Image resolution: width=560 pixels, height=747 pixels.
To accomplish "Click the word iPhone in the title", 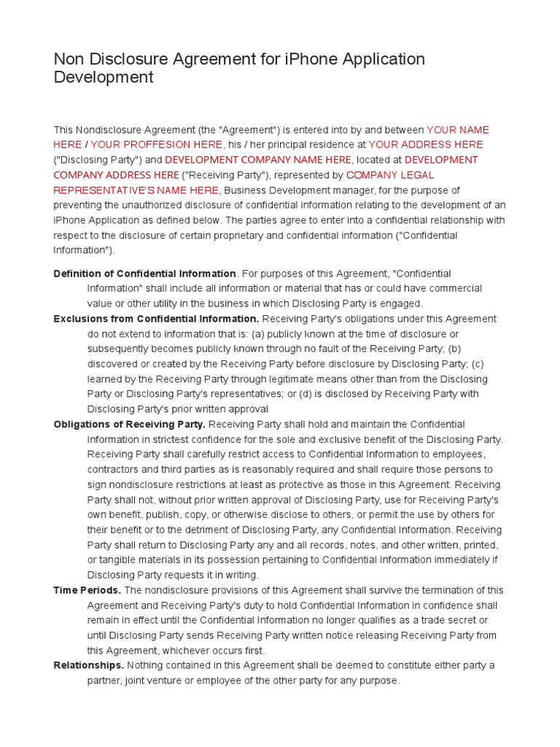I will [x=289, y=59].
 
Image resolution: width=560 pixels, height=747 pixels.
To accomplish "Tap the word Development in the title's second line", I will [x=104, y=77].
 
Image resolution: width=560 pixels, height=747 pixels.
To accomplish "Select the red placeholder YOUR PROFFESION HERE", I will [x=156, y=144].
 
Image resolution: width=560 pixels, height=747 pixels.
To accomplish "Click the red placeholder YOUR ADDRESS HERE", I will [x=426, y=144].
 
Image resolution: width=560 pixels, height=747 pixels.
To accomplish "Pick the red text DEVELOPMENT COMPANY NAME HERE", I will [x=258, y=160].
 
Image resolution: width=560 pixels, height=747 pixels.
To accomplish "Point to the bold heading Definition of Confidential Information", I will [x=144, y=274].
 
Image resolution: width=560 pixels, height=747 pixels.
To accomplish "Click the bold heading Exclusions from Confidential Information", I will [x=156, y=319].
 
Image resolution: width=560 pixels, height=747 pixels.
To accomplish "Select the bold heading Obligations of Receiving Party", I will [x=129, y=424].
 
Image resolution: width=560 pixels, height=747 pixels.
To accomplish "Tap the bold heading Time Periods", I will [x=87, y=590].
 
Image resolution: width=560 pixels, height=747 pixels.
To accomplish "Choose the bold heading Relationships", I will [x=88, y=665].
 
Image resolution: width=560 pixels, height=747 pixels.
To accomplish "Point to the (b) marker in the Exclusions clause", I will [x=455, y=349].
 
